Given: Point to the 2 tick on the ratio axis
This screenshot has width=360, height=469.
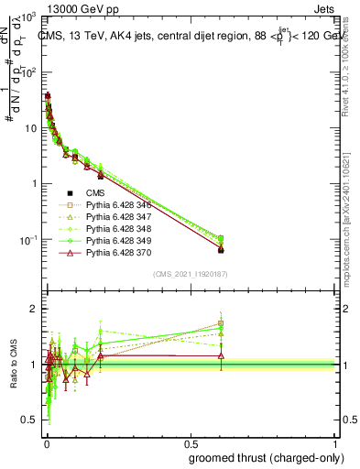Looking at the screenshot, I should (x=33, y=309).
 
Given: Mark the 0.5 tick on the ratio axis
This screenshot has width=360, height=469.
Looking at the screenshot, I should (x=29, y=420).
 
